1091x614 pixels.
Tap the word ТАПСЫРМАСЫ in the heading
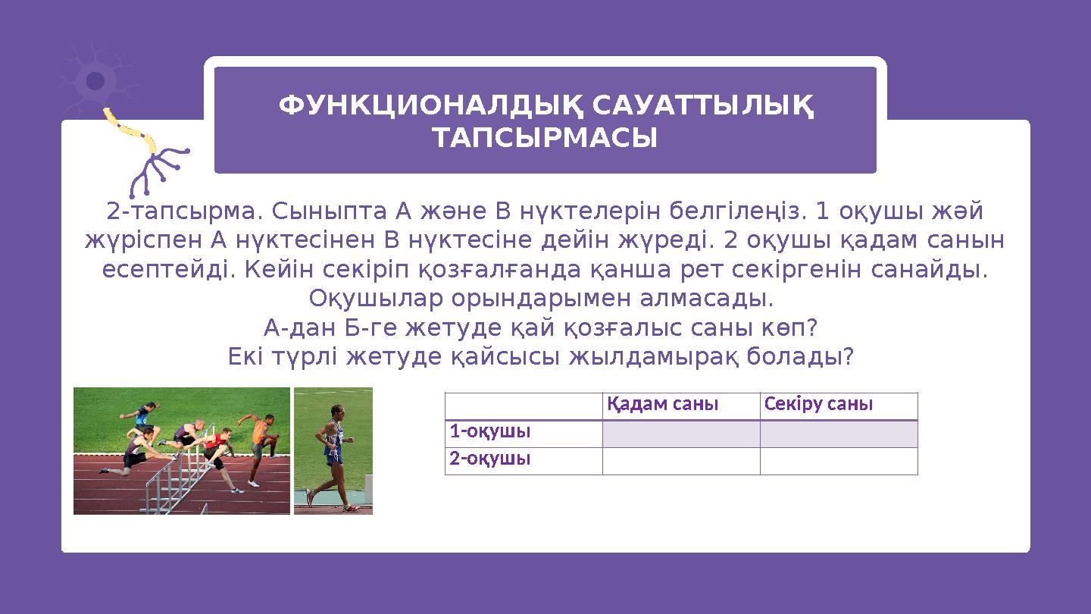pos(544,139)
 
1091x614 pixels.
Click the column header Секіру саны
pos(818,404)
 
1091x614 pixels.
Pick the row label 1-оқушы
pos(489,432)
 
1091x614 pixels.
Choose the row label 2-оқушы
pos(489,459)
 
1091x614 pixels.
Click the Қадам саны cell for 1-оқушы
pos(680,434)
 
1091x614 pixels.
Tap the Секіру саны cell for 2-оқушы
pos(838,461)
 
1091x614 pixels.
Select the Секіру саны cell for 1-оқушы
pos(838,434)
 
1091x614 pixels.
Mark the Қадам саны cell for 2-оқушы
pos(680,461)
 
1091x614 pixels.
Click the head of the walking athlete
pos(338,411)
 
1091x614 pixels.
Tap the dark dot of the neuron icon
pos(95,80)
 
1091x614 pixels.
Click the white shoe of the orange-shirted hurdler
pos(253,482)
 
